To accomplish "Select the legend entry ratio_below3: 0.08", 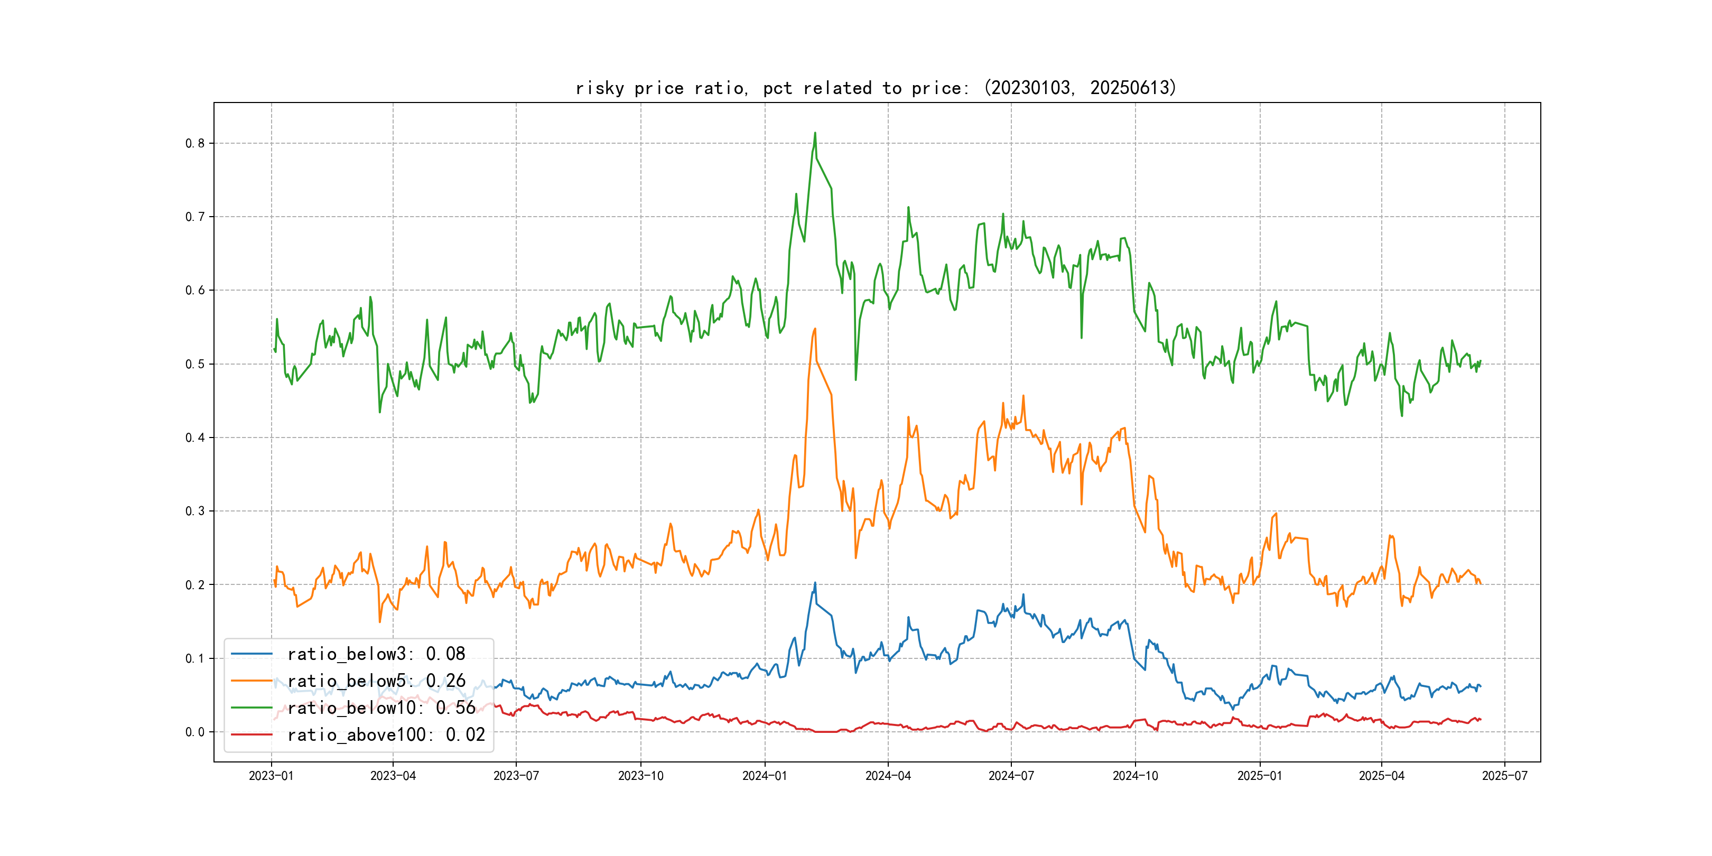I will click(x=376, y=654).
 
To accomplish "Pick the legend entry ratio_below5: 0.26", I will click(x=376, y=681).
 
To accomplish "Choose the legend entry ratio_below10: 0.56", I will click(x=382, y=708).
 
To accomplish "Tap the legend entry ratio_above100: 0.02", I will click(x=386, y=734).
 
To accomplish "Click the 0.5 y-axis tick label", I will click(x=195, y=364).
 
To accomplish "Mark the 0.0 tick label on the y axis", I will click(x=195, y=732).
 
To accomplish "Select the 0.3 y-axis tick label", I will click(x=195, y=511).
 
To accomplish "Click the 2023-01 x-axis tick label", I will click(x=271, y=776).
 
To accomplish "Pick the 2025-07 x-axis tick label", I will click(x=1505, y=776).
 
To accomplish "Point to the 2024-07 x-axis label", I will click(x=1011, y=776).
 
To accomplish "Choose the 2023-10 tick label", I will click(x=640, y=776).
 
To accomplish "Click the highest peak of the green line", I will click(x=815, y=133).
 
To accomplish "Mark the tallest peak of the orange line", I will click(x=815, y=329).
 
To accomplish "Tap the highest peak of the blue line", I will click(x=815, y=583).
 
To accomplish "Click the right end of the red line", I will click(x=1481, y=719).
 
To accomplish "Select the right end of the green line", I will click(x=1481, y=361).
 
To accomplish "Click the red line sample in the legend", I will click(x=251, y=734).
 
